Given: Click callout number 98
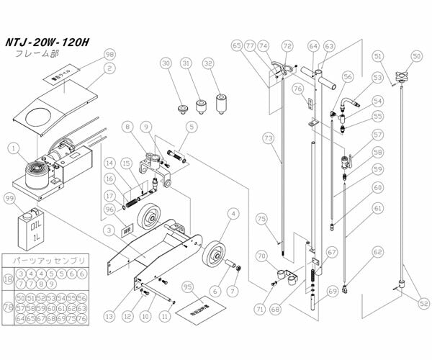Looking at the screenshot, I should pos(109,55).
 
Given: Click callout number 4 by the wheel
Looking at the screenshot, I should pos(233,213).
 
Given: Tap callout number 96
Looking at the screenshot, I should pos(109,210).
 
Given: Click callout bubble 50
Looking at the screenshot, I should pos(416,55).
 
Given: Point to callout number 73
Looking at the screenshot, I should pos(267,137).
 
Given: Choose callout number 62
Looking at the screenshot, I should pos(377,253).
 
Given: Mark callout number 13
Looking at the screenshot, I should pos(110,315).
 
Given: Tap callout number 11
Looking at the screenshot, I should pos(166,315).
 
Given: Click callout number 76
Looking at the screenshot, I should pos(296,89).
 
